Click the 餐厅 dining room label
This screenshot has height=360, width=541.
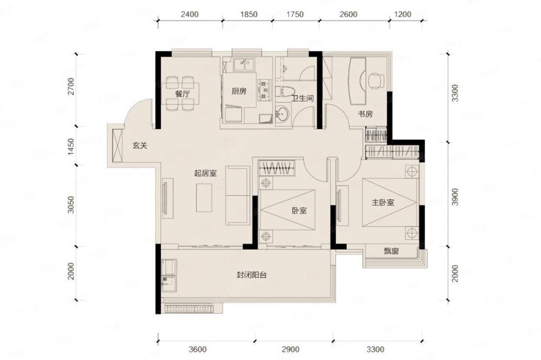click(182, 94)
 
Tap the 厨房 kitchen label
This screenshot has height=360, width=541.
click(239, 91)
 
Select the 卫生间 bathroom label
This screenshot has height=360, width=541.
click(302, 98)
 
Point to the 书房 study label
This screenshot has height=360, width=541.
click(365, 114)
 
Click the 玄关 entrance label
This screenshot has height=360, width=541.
click(140, 145)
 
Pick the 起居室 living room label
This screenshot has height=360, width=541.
click(205, 173)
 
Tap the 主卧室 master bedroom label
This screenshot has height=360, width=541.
click(382, 202)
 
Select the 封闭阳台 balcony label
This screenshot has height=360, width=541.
click(252, 275)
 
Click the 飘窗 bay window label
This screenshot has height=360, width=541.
click(391, 251)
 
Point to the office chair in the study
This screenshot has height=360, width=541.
click(375, 81)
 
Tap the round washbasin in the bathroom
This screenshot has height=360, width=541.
click(283, 114)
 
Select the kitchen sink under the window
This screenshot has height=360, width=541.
click(243, 64)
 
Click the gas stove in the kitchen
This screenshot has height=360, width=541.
click(265, 90)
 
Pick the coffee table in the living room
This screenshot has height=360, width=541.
click(204, 198)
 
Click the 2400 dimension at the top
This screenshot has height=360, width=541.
click(190, 15)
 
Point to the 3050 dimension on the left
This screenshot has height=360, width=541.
click(71, 205)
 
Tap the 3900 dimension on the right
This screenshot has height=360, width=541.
click(455, 197)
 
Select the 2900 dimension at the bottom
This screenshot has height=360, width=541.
click(290, 349)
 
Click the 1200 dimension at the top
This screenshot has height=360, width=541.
click(403, 15)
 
